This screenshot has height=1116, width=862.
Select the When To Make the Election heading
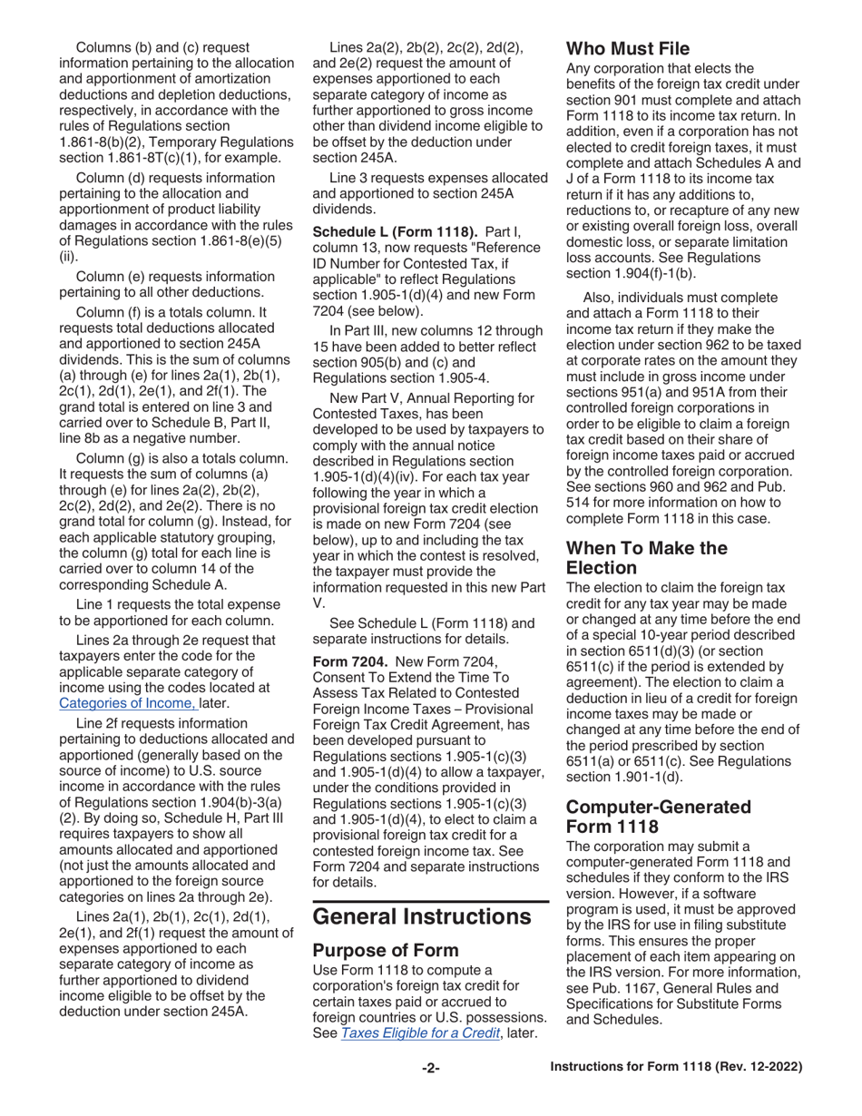646,558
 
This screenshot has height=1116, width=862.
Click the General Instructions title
422,915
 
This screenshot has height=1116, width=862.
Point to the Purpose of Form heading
386,950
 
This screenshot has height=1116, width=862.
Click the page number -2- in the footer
430,1068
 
